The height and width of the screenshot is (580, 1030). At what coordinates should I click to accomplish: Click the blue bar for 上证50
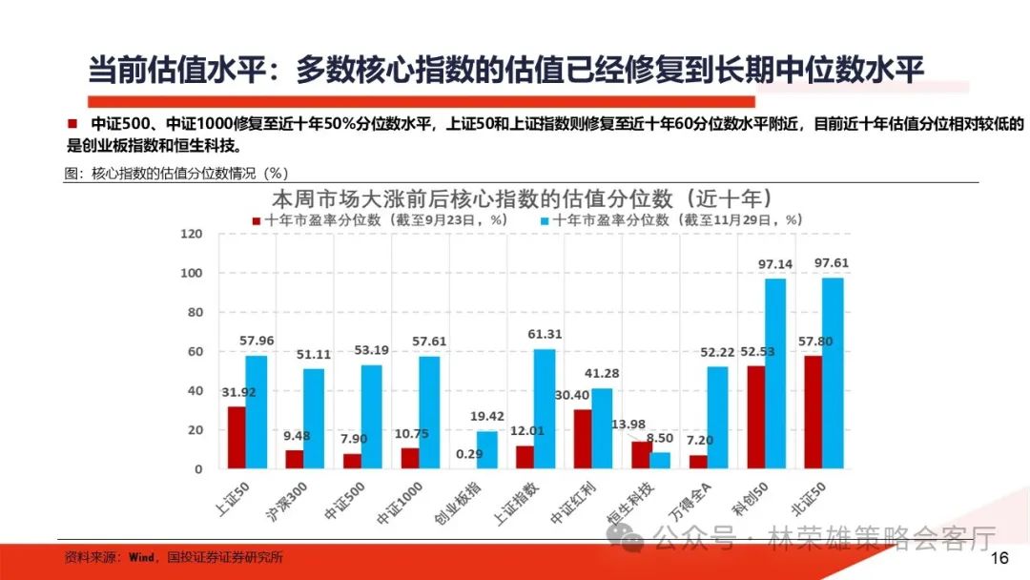tap(257, 412)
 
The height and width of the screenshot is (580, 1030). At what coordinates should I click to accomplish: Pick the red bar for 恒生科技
tap(641, 455)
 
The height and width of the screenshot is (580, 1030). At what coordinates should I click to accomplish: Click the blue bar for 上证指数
tap(545, 408)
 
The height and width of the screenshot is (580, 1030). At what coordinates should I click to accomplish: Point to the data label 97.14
tap(774, 263)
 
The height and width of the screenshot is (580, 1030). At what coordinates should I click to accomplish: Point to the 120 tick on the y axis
tap(192, 234)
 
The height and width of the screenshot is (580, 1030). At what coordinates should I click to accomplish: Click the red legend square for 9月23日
tap(257, 220)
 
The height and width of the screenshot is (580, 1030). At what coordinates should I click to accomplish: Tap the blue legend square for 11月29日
tap(545, 220)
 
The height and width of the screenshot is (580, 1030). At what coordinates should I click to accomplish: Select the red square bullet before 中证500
tap(72, 124)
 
